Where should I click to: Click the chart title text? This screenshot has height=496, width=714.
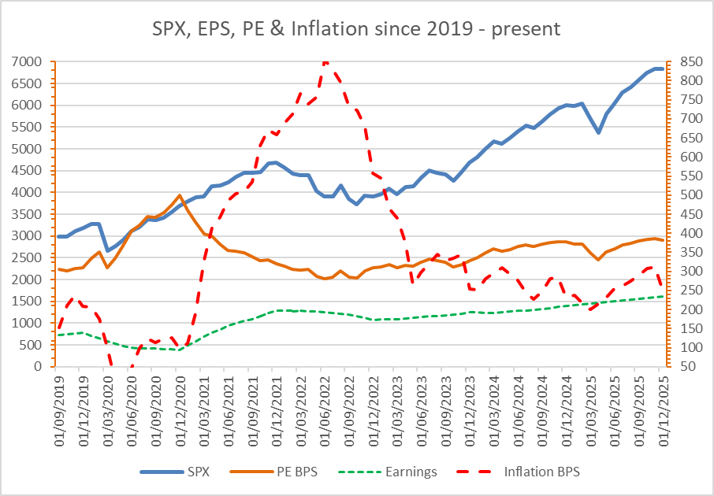[x=356, y=30]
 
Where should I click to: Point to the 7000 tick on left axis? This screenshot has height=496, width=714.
[x=28, y=61]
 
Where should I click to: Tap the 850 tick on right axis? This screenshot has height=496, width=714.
[x=682, y=61]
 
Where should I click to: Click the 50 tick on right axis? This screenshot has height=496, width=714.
[x=679, y=367]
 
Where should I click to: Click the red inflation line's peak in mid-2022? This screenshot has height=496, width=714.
[x=325, y=60]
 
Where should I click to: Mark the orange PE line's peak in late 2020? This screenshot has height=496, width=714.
[x=180, y=195]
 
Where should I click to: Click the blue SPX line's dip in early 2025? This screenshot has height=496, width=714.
[x=599, y=132]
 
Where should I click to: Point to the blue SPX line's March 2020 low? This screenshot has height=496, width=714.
[x=107, y=250]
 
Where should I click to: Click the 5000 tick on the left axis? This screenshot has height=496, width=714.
[x=28, y=149]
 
